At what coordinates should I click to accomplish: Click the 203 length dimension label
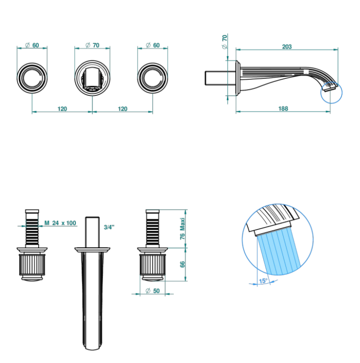point(286,46)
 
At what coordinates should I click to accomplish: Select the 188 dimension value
point(283,108)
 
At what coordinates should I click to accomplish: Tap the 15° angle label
point(263,281)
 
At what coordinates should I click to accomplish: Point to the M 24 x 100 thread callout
point(60,223)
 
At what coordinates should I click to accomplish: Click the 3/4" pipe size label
point(109,227)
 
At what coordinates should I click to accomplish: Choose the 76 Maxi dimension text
point(182,228)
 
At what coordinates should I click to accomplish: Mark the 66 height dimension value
point(182,264)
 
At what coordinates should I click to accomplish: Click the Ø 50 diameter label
point(153,291)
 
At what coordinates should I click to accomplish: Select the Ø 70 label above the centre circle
point(92,45)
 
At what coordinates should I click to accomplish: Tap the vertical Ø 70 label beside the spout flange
point(225,42)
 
